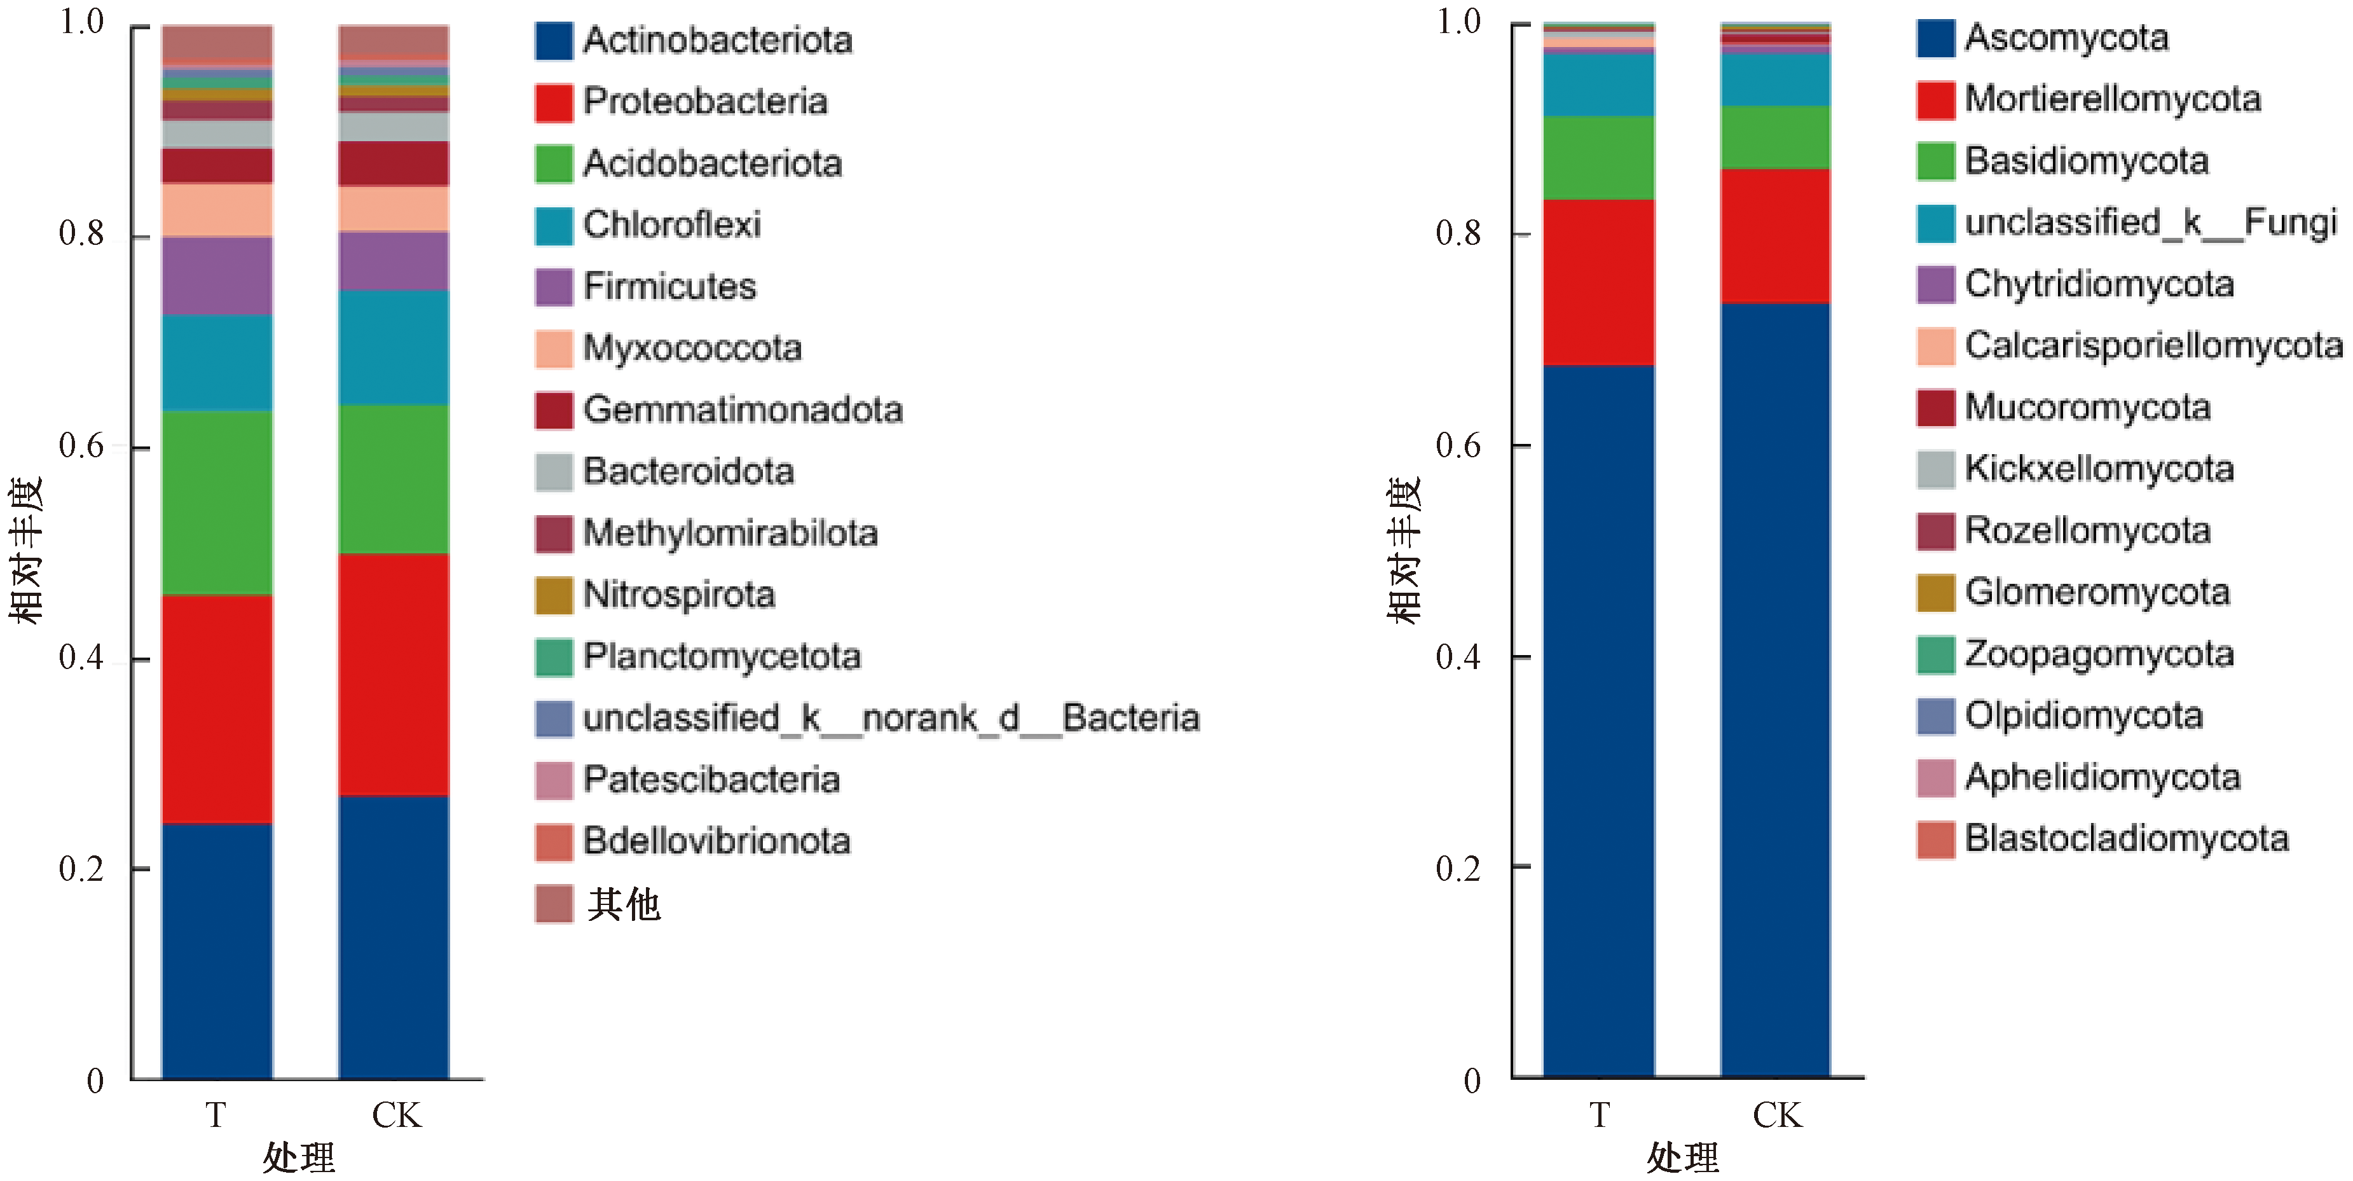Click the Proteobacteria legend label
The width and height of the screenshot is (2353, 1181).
point(705,101)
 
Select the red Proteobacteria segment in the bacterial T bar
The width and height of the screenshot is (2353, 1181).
point(217,708)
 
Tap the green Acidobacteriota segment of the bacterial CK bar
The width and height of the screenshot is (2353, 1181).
point(394,479)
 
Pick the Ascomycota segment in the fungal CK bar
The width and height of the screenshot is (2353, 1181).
point(1775,689)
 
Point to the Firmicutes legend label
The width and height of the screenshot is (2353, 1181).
point(669,287)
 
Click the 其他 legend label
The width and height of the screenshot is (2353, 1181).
point(624,904)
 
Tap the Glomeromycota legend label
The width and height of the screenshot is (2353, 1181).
point(2097,592)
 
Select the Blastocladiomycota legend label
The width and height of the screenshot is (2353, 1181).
point(2127,838)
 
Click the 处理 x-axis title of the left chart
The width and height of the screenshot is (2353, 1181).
point(299,1158)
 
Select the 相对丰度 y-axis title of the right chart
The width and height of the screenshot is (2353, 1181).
point(1404,550)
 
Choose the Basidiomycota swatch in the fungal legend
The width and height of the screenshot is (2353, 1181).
point(1935,162)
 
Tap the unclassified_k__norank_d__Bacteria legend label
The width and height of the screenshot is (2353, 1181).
point(891,718)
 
